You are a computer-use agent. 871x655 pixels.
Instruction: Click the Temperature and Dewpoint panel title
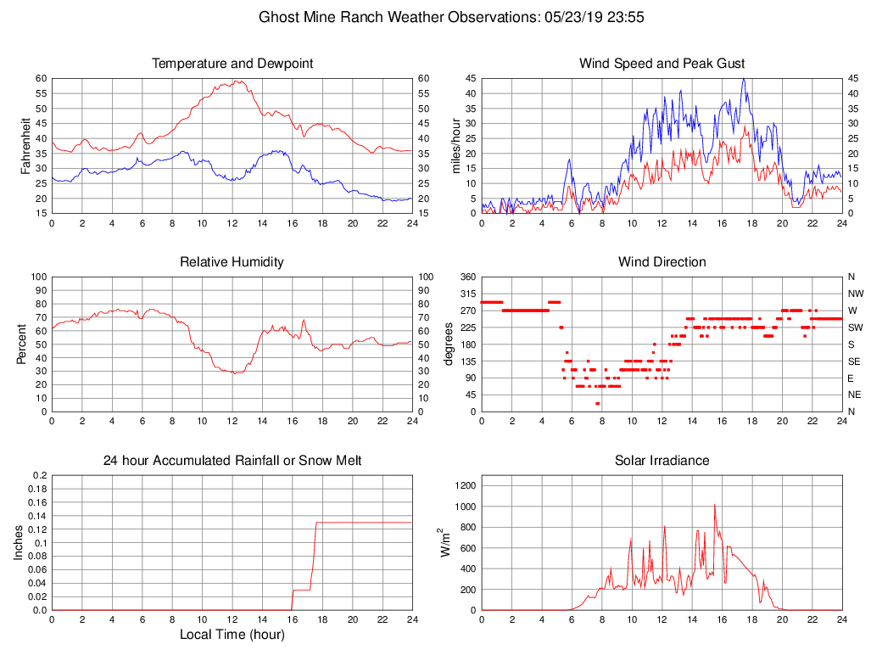(232, 64)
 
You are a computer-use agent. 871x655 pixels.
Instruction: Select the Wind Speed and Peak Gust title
(662, 64)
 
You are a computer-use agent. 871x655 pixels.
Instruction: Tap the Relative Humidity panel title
(232, 262)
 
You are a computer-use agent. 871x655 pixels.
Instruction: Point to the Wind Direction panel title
(662, 262)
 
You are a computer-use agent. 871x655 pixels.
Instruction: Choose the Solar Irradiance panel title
(662, 461)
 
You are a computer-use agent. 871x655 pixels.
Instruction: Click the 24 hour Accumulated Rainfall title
(232, 461)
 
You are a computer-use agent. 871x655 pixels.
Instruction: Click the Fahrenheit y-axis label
(25, 145)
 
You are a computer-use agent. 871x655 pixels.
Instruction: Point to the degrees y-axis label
(449, 344)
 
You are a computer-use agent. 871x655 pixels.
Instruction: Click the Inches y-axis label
(19, 543)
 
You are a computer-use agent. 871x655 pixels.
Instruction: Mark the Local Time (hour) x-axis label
(232, 634)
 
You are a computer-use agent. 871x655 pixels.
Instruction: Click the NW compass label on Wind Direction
(852, 294)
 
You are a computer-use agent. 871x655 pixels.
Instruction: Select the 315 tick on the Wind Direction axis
(467, 294)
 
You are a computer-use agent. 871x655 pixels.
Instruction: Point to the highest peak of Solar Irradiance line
(714, 504)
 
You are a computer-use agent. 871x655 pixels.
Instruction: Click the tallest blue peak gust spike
(744, 79)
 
